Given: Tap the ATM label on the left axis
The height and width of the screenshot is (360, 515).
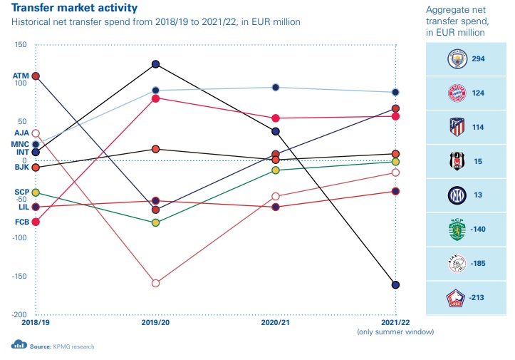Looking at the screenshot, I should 20,76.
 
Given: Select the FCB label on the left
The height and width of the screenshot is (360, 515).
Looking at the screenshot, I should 20,222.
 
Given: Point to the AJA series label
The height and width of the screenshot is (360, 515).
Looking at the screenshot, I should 20,133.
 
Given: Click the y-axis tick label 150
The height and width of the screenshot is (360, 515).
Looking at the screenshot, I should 20,45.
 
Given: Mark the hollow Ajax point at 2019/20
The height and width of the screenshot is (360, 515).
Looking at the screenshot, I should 155,283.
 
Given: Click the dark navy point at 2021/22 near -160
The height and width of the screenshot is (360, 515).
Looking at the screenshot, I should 395,285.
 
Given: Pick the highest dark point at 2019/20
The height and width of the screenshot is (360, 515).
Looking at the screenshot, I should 155,64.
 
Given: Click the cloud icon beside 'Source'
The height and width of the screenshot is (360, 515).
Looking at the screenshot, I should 19,346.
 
